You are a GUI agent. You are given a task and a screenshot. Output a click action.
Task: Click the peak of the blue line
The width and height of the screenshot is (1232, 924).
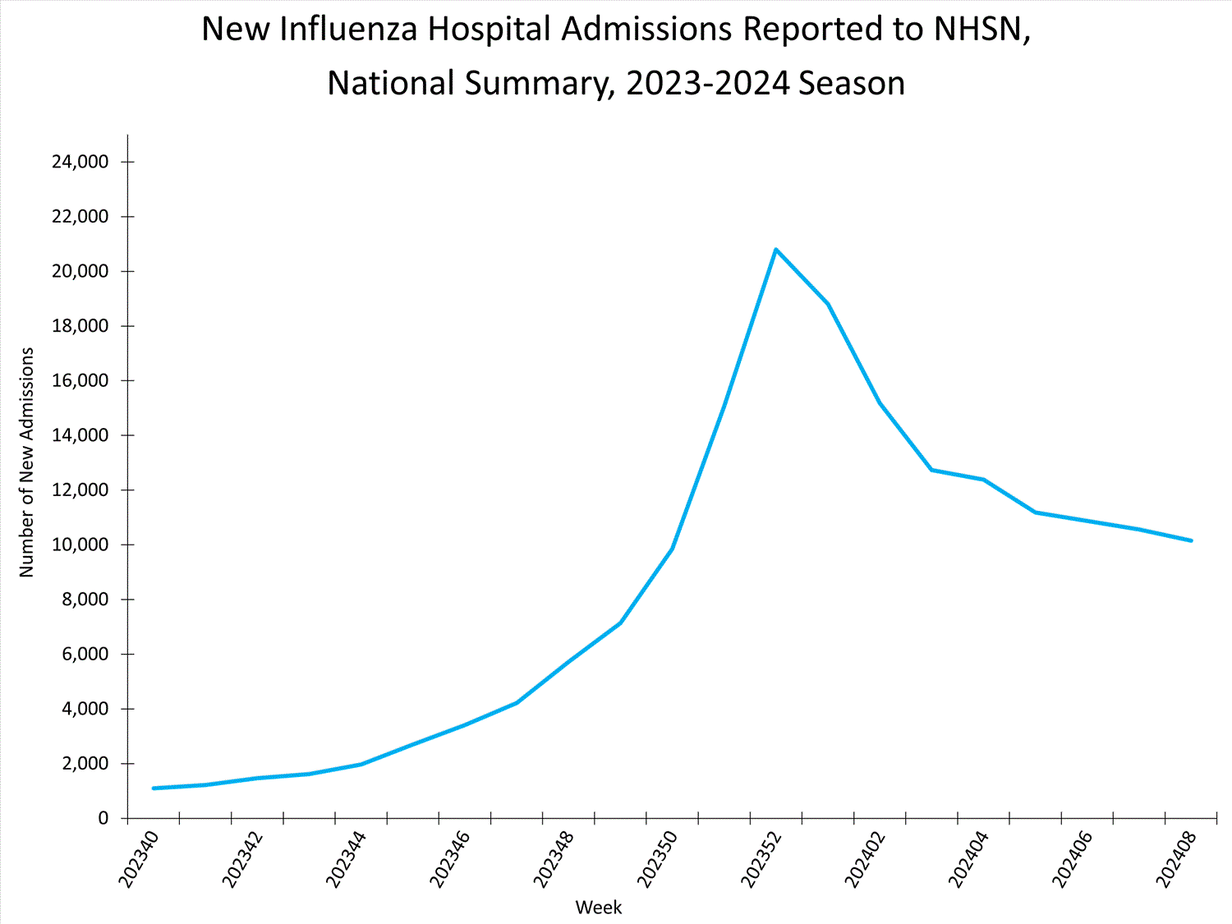[775, 249]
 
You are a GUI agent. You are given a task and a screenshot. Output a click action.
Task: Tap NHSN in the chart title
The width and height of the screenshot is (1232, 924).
[977, 30]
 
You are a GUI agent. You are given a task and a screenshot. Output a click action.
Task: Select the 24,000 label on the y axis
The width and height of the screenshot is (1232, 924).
[80, 162]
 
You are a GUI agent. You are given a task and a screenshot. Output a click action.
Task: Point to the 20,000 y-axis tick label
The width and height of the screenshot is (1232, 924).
[80, 271]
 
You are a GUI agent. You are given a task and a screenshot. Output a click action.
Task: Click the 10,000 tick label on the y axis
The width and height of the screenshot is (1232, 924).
[80, 545]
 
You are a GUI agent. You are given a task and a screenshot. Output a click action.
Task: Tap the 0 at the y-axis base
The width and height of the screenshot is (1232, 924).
[103, 818]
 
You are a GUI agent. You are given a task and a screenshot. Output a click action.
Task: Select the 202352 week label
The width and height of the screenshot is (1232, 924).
[761, 859]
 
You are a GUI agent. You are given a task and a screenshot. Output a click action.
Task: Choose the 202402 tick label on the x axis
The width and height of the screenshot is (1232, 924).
[865, 859]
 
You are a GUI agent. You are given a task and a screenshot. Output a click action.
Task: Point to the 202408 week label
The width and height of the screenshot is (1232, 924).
[1175, 859]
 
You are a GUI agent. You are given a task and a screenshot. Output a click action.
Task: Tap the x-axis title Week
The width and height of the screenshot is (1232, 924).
[598, 908]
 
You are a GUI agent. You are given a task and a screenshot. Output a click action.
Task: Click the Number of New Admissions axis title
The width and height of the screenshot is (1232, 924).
[27, 462]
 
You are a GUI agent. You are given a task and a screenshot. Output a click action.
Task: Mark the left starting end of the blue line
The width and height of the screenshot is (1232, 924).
[154, 788]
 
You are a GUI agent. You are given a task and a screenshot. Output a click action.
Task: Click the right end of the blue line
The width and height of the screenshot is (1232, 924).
[1191, 540]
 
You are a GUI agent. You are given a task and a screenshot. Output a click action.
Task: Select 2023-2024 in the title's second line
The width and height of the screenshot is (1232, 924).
[709, 84]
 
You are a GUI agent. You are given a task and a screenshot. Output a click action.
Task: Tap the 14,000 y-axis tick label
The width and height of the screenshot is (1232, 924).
[80, 435]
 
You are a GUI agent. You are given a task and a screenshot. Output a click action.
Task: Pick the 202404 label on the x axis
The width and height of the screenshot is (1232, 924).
[968, 859]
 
